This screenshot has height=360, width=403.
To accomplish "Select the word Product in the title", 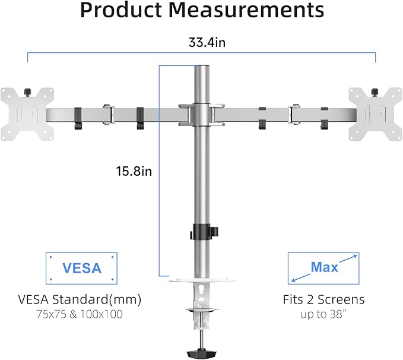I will [119, 11].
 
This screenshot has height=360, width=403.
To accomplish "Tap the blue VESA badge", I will [82, 267].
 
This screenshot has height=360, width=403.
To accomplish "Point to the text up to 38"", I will [323, 314].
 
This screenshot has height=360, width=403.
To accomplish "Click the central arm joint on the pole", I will [202, 112].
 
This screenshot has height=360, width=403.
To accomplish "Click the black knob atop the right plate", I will [373, 91].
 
